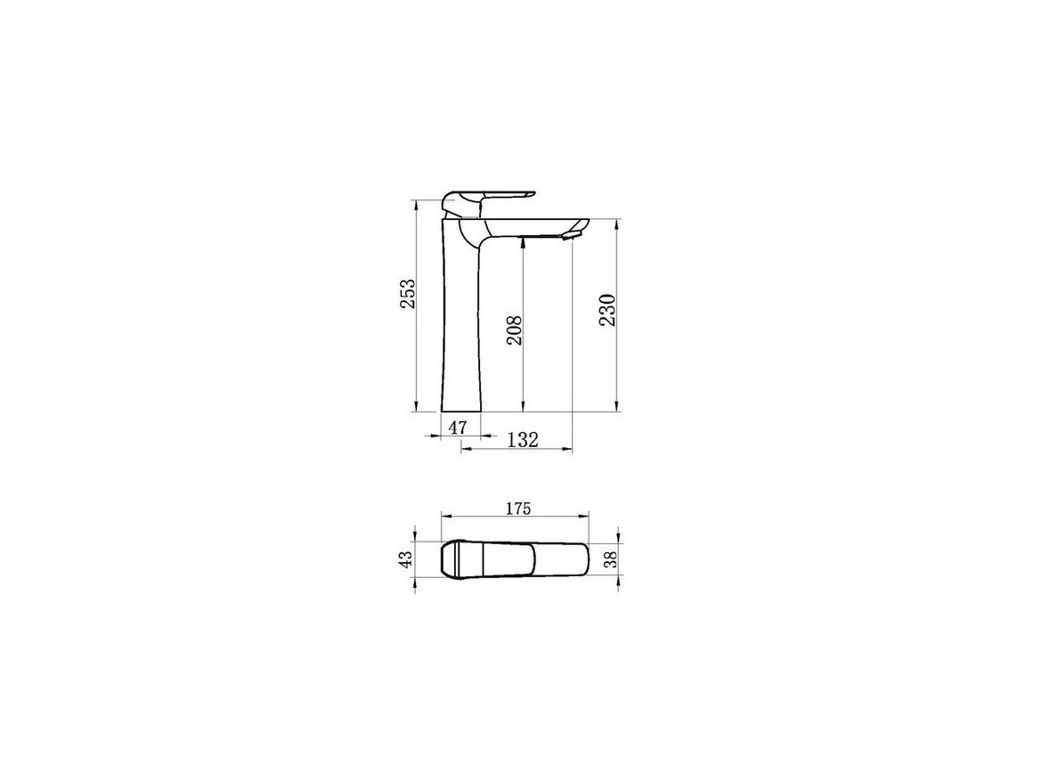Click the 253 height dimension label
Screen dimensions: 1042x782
[407, 294]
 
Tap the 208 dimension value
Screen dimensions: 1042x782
[515, 330]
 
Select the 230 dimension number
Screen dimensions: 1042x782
[608, 310]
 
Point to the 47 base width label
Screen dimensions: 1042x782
[457, 428]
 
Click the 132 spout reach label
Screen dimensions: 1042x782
[522, 439]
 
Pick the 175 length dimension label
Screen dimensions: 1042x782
[517, 509]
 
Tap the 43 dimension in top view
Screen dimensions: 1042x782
[407, 559]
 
